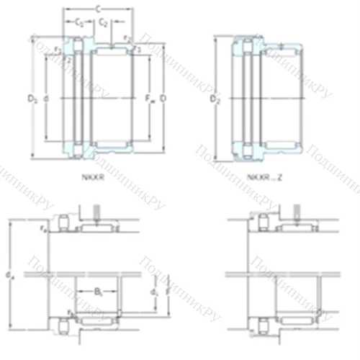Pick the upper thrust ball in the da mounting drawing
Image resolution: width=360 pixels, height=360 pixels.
tap(63, 222)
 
